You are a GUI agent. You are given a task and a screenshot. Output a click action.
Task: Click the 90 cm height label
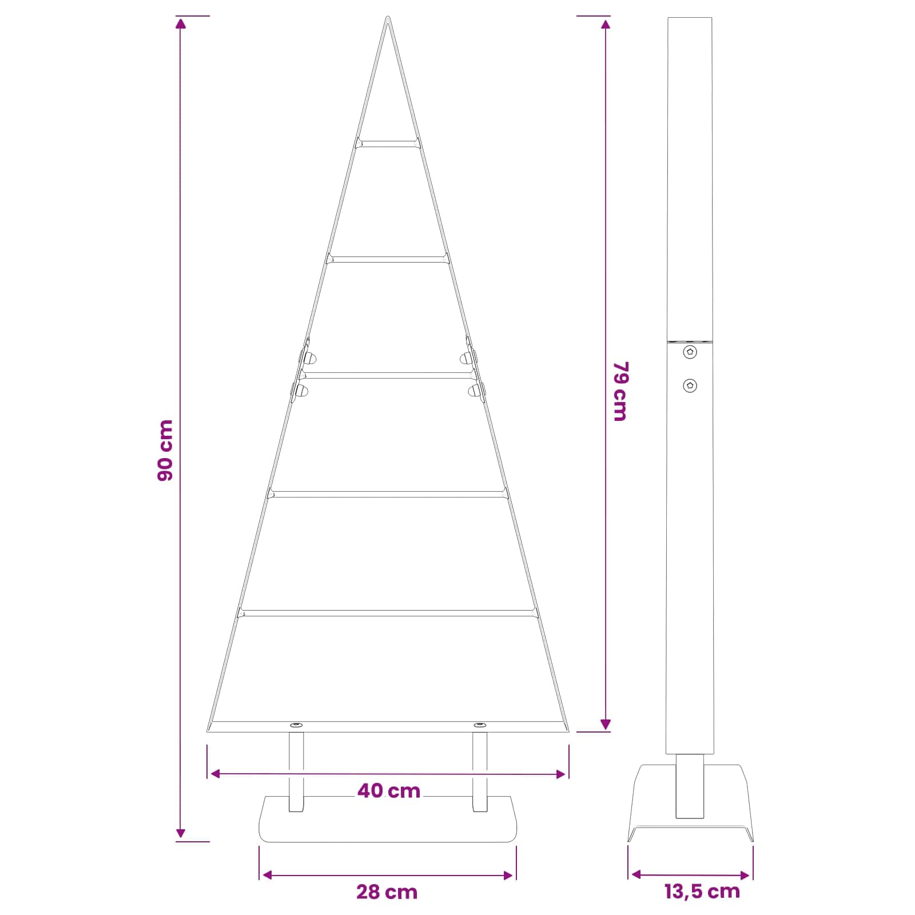coord(165,450)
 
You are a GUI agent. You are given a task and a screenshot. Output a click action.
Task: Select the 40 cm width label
coord(389,791)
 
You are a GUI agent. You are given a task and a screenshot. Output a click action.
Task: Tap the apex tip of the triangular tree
coord(388,17)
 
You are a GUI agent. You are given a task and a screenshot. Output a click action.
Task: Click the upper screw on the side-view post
coord(690,352)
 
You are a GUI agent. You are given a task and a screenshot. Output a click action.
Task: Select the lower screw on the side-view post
coord(690,385)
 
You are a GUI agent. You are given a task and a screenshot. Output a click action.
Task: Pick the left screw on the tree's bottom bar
coord(296,725)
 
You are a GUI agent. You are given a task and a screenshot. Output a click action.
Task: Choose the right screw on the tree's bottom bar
coord(480,725)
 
